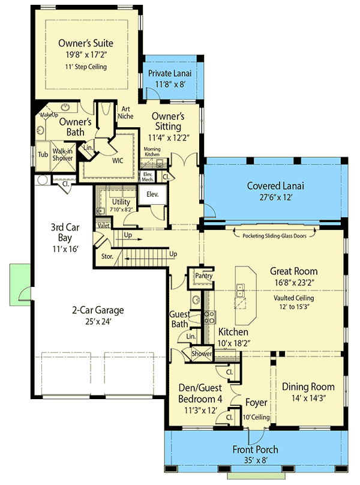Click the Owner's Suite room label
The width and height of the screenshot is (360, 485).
pyautogui.click(x=86, y=43)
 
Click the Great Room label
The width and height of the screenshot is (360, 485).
pyautogui.click(x=293, y=271)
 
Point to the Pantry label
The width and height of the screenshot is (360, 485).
pyautogui.click(x=199, y=276)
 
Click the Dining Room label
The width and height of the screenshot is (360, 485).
pyautogui.click(x=308, y=387)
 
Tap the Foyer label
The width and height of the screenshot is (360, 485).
pyautogui.click(x=256, y=403)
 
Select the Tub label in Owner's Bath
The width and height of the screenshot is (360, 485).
pyautogui.click(x=43, y=154)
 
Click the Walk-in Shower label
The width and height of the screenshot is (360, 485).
pyautogui.click(x=62, y=155)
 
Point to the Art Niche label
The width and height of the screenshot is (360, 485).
pyautogui.click(x=125, y=112)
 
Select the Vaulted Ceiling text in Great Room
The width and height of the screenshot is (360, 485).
pyautogui.click(x=293, y=297)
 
